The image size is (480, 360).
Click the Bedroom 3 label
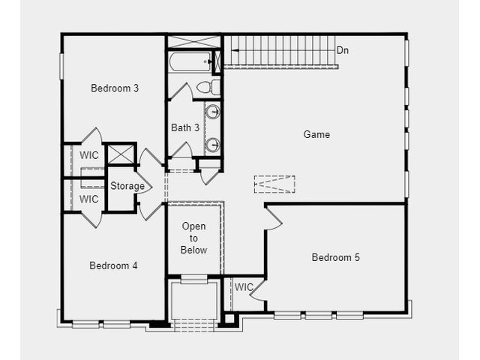[x=115, y=88]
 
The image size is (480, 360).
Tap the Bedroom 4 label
[x=113, y=265]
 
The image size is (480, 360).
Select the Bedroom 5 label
[x=335, y=257]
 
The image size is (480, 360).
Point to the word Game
[x=316, y=134]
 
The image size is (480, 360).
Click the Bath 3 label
[x=185, y=127]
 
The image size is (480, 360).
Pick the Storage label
[x=127, y=186]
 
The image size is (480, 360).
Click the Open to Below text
[x=193, y=238]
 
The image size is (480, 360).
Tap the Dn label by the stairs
[x=343, y=50]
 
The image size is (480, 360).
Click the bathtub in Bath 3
[x=190, y=61]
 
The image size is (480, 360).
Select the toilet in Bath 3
[x=208, y=87]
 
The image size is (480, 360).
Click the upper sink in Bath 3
[x=212, y=112]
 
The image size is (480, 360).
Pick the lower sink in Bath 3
[x=212, y=145]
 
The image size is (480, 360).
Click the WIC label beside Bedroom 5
[x=244, y=287]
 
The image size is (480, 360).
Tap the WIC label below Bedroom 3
[x=89, y=155]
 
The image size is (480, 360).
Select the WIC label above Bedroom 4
[x=88, y=199]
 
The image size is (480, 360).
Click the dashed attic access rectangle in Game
[x=274, y=184]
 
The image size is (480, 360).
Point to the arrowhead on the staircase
[x=235, y=51]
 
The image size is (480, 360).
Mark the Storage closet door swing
[x=143, y=186]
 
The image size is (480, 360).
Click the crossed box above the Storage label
[x=121, y=154]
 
